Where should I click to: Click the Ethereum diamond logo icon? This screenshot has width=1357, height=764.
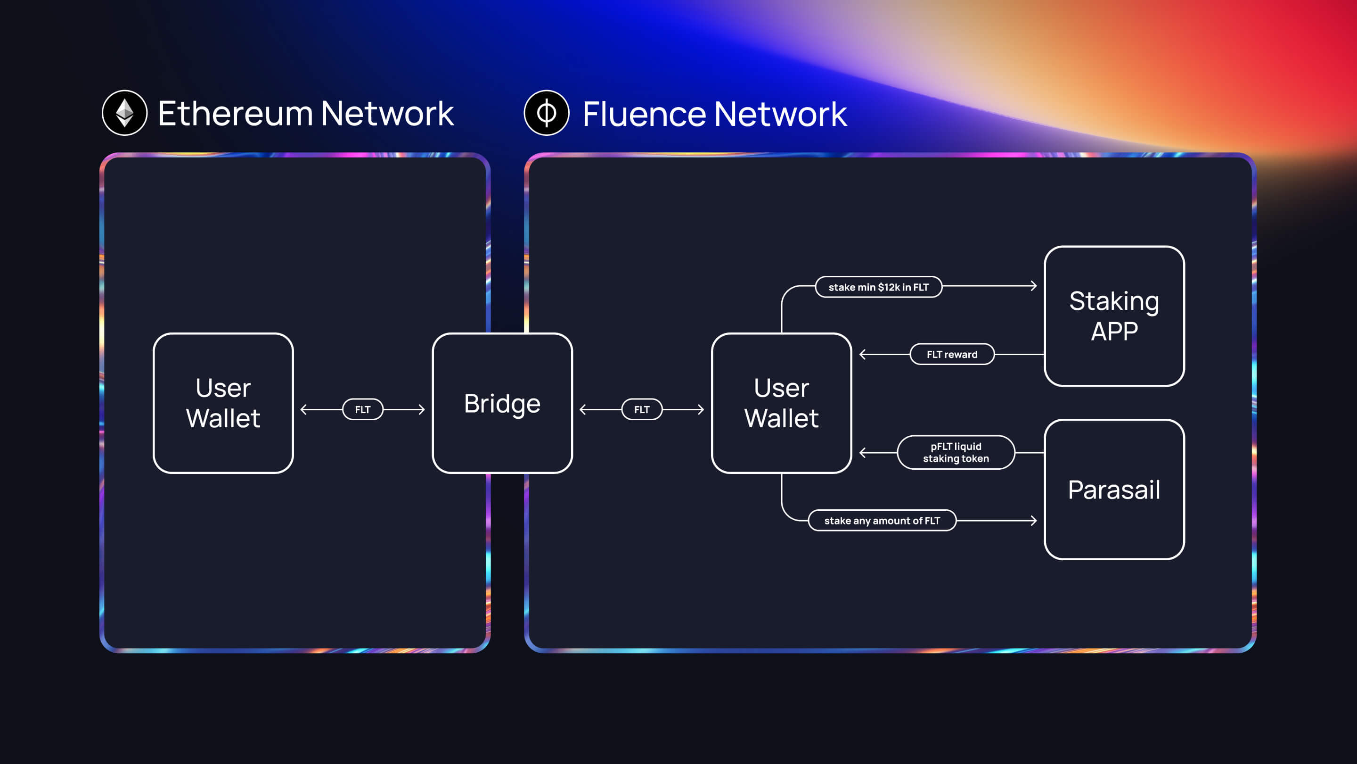(124, 113)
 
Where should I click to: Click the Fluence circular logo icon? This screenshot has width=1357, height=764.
(546, 113)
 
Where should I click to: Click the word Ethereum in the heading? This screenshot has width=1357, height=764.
(235, 113)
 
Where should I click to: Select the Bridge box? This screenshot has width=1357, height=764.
(502, 403)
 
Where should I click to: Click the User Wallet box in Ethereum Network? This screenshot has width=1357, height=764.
(223, 403)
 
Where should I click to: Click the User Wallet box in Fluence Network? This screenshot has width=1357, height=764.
(781, 403)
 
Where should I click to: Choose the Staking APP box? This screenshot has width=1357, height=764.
(1114, 316)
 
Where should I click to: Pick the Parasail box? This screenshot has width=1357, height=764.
(1114, 490)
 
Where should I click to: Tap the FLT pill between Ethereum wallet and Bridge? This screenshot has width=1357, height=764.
(362, 409)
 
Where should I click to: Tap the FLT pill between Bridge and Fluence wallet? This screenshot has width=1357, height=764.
(642, 409)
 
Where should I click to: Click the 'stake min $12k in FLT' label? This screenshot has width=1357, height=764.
(878, 287)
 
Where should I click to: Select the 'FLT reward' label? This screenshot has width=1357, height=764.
(952, 354)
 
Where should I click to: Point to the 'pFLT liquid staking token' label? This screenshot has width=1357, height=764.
(956, 452)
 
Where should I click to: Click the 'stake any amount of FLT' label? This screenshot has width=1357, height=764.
(882, 520)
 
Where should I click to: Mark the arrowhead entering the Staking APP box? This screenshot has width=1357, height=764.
(1034, 286)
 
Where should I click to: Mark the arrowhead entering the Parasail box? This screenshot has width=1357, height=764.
(1034, 520)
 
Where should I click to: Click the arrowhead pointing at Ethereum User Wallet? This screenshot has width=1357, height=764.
(303, 409)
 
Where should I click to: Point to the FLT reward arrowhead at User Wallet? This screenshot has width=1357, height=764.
(863, 354)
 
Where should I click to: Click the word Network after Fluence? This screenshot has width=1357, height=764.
(780, 114)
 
